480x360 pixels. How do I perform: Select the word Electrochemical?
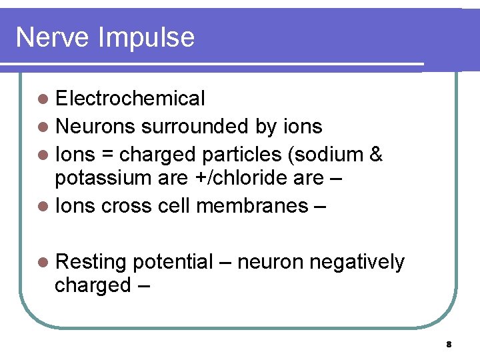[x=130, y=99]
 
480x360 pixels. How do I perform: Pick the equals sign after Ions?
[x=107, y=154]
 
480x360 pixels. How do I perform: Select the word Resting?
[x=91, y=263]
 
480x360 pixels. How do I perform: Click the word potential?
[x=173, y=263]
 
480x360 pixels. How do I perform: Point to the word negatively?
[x=358, y=263]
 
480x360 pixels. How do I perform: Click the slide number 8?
[x=449, y=345]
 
